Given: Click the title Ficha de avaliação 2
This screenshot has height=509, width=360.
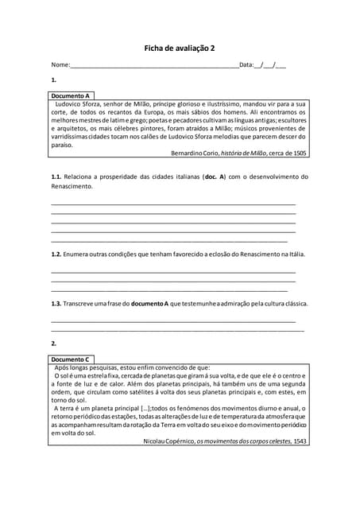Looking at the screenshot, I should (x=179, y=49).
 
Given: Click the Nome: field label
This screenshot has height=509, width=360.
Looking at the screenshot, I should (x=60, y=65).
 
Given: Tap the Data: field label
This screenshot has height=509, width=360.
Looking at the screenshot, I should (x=246, y=65).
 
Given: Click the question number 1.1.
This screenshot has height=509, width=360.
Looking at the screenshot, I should (x=56, y=177).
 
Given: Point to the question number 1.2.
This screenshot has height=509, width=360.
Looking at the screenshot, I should (x=56, y=254).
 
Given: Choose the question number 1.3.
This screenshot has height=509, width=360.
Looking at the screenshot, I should (x=56, y=304).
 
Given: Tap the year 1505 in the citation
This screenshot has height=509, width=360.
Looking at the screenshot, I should (x=300, y=153).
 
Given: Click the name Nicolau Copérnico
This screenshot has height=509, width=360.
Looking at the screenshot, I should (x=169, y=441).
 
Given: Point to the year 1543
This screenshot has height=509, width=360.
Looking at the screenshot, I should (x=300, y=441).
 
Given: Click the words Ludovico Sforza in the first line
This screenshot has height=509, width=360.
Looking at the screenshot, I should (x=81, y=104).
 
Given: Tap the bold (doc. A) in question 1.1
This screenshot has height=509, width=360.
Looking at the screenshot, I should (x=215, y=177).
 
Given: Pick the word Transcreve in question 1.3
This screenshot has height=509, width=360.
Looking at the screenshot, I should (x=81, y=304).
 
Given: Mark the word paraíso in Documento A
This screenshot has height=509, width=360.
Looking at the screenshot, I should (x=62, y=146).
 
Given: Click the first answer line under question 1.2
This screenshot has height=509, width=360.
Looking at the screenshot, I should (x=172, y=272).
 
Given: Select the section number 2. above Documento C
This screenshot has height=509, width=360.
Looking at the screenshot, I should (x=54, y=344).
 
